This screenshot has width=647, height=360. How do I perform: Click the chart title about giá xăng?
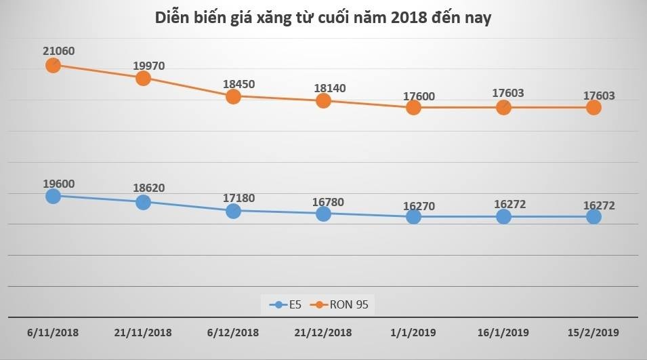(x=322, y=18)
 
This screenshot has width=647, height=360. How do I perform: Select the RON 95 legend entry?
(x=343, y=304)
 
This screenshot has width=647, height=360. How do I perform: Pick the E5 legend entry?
(x=286, y=304)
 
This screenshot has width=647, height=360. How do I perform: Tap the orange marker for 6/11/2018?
(x=54, y=65)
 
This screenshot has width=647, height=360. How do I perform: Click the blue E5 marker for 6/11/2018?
(x=54, y=196)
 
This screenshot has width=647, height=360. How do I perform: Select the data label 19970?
(x=149, y=65)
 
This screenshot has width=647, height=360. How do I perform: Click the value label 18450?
(x=239, y=84)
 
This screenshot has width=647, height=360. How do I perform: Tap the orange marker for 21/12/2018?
(x=323, y=100)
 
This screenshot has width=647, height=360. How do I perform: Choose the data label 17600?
(x=419, y=96)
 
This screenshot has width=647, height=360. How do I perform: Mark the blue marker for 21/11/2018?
(x=143, y=202)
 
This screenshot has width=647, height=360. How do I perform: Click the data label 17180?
(x=239, y=197)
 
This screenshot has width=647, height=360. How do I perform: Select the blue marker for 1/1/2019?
(x=413, y=216)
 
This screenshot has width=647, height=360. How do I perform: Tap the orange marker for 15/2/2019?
(x=593, y=107)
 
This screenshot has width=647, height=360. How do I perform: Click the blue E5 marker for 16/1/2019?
(x=503, y=216)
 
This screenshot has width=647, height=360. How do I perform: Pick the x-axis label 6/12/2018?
(x=233, y=333)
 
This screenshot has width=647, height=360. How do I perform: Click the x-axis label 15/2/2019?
(x=593, y=333)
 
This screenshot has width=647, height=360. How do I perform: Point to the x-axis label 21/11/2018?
(x=143, y=333)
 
